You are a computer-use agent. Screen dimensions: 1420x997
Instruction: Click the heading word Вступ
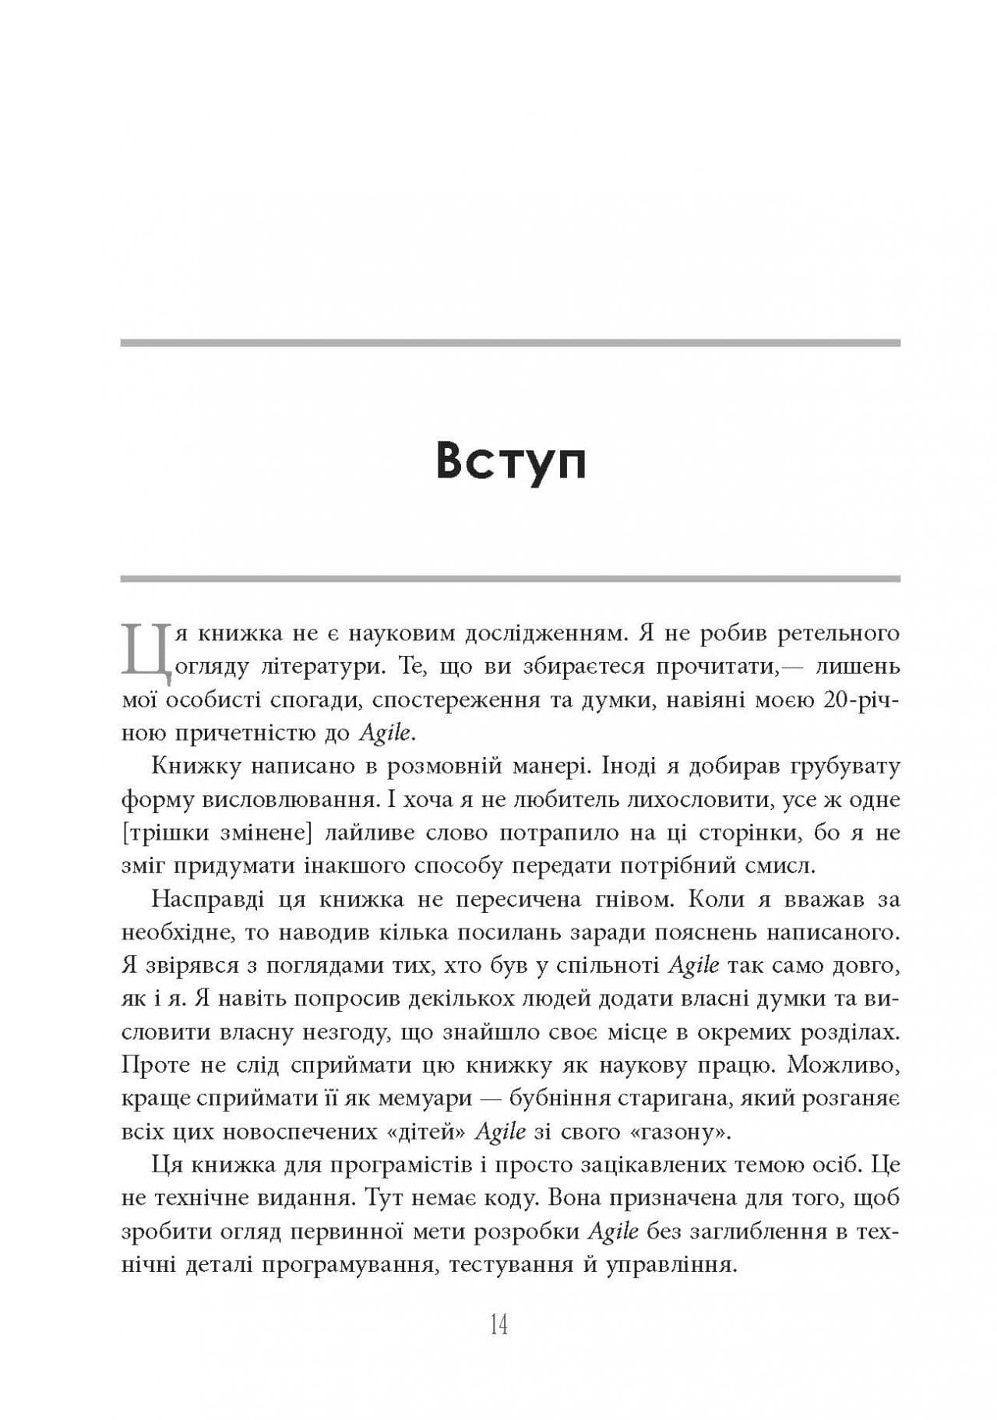tap(510, 461)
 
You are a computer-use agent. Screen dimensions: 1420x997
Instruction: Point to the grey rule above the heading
tap(510, 343)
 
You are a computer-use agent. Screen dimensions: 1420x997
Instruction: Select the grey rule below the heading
tap(510, 579)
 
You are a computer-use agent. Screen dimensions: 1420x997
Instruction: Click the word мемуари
tap(426, 1098)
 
